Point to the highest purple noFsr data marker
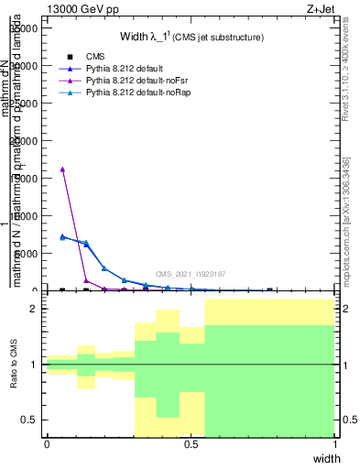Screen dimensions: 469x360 pyautogui.click(x=62, y=169)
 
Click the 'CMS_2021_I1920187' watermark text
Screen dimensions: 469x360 pyautogui.click(x=191, y=274)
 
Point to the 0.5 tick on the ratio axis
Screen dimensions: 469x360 pyautogui.click(x=31, y=420)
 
